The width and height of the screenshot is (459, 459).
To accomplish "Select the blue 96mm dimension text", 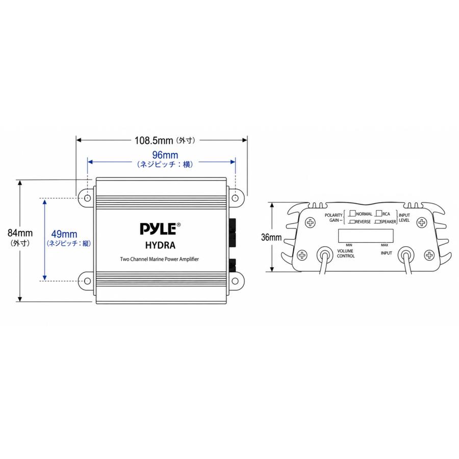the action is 165,155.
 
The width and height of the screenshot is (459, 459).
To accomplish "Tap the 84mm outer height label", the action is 20,233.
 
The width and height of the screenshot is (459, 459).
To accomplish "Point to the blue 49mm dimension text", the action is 64,234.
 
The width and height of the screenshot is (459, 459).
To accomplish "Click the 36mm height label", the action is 271,237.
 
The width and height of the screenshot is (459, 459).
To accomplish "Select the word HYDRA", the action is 160,245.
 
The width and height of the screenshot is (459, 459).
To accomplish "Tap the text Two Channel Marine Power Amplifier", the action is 160,259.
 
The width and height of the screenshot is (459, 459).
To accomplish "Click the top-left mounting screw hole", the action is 87,198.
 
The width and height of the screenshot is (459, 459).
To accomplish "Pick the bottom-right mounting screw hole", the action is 235,281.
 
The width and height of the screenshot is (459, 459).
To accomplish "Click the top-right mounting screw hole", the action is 235,198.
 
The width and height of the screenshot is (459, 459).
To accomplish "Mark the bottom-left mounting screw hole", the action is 87,281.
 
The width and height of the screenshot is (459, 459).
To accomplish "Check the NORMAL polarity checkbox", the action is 353,213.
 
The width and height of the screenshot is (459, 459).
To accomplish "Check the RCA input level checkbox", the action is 379,213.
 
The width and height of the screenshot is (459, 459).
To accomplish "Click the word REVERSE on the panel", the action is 363,222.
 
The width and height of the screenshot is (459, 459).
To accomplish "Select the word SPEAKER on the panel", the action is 388,222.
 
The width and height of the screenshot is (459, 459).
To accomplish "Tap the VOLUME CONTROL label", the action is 345,253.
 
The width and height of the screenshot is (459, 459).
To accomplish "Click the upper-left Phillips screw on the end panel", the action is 310,223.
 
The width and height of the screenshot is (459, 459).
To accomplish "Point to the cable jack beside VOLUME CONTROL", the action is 325,256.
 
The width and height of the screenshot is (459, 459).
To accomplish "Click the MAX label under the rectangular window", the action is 385,245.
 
